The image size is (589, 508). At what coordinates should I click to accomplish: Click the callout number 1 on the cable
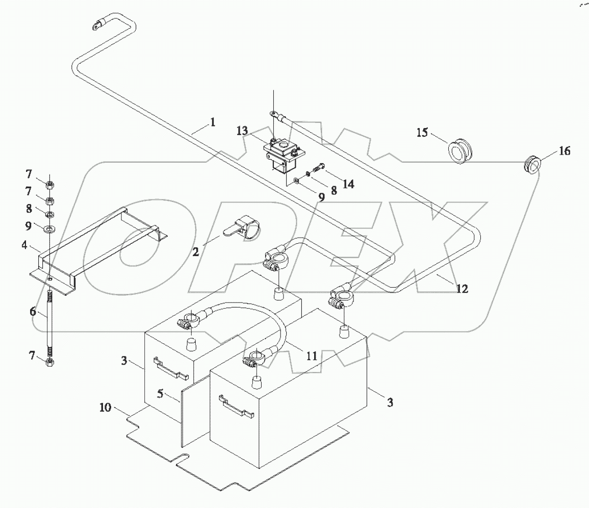click(212, 122)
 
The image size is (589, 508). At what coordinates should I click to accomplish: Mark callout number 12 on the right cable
click(462, 288)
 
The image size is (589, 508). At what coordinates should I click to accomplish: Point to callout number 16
click(564, 151)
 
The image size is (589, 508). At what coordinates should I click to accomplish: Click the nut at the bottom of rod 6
click(50, 363)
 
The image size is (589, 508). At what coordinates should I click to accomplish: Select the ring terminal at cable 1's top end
click(96, 23)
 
